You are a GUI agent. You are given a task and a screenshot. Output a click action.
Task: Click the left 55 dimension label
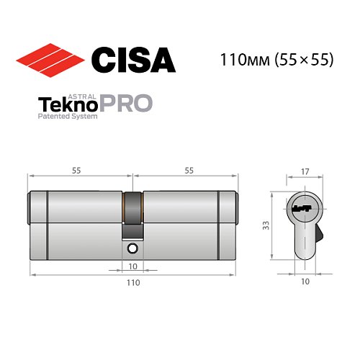click(x=76, y=171)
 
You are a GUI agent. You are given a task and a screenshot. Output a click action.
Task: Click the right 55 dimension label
click(x=188, y=171)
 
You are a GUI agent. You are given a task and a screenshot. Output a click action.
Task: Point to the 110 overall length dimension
click(x=132, y=284)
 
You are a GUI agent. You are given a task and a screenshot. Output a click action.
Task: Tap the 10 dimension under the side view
click(x=132, y=265)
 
